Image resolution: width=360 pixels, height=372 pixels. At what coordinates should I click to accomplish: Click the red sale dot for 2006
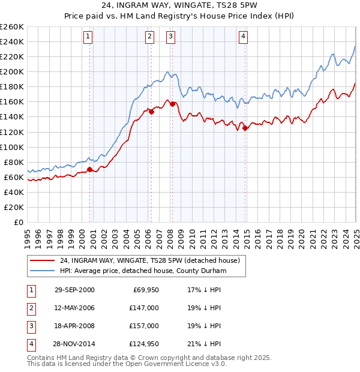[x=152, y=111]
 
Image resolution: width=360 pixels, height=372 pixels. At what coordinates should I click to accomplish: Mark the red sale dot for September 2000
[x=90, y=169]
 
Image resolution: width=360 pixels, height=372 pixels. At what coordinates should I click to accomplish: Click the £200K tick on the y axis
[x=12, y=71]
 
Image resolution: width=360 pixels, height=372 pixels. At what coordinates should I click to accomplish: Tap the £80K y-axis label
[x=14, y=162]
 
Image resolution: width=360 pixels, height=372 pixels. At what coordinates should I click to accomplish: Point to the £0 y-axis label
[x=19, y=223]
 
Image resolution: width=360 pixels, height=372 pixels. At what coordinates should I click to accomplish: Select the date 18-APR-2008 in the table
[x=74, y=325]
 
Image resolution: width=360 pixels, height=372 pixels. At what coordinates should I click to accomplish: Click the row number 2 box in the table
[x=30, y=307]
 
